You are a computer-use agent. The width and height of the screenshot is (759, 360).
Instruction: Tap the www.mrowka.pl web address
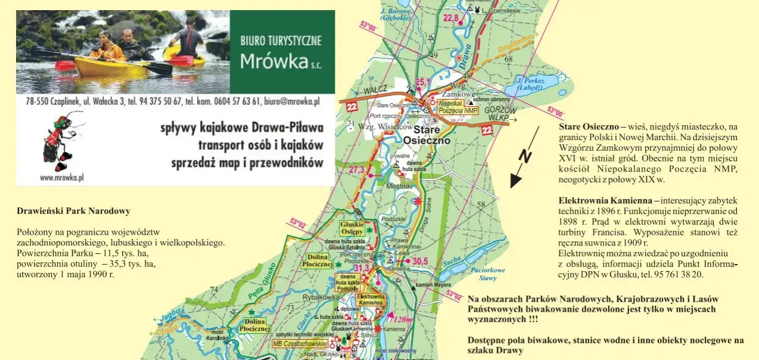click(61, 177)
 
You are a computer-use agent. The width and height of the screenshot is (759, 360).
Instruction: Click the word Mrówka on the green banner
click(274, 61)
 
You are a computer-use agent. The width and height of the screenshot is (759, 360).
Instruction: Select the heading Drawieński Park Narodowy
click(73, 211)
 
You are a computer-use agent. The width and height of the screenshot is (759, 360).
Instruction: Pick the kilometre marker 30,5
click(420, 261)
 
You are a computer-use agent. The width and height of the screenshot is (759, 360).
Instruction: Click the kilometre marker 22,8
click(451, 18)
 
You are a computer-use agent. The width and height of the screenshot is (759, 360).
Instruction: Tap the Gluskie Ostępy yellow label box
click(351, 228)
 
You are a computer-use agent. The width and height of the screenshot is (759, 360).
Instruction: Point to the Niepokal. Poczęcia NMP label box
click(458, 107)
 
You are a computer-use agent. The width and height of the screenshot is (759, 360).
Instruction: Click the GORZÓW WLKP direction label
click(500, 114)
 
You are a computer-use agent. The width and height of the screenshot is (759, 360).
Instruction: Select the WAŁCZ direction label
click(375, 91)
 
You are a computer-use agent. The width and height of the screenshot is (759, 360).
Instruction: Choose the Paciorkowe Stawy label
click(488, 274)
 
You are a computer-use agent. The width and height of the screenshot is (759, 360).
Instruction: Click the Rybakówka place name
click(321, 297)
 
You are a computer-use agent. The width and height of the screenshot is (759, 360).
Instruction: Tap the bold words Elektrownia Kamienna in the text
click(605, 200)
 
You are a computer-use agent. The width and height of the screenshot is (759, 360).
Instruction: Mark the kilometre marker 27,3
click(356, 170)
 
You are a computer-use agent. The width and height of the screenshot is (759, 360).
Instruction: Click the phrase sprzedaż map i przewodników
click(247, 163)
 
